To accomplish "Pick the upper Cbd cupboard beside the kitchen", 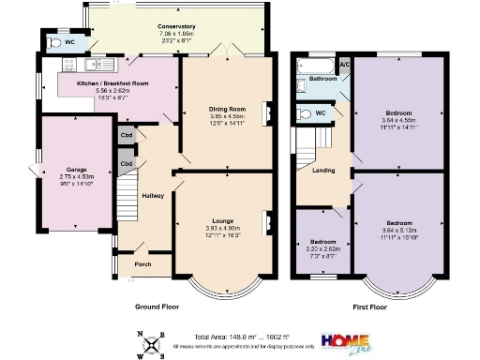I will coord(125,135).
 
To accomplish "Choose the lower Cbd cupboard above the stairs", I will coord(125,164).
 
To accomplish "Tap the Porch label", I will coord(142,264).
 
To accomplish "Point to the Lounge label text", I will coord(222,220).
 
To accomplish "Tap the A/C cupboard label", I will coord(345,64).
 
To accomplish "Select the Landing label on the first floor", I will coord(323,171).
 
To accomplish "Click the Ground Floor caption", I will coord(155,306).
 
